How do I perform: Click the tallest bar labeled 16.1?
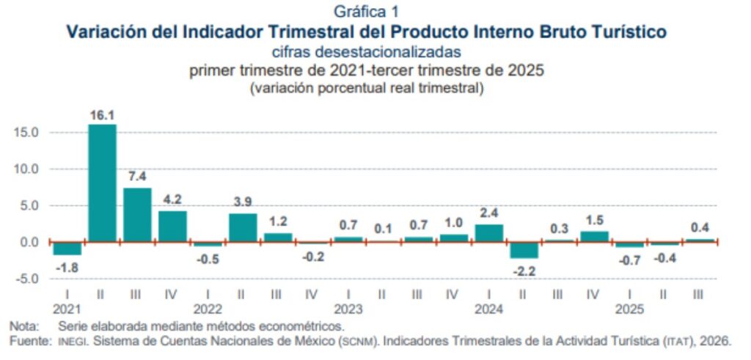(x=102, y=183)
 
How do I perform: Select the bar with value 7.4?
(x=137, y=214)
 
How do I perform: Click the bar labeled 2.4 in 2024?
(x=489, y=232)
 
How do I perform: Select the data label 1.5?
(x=595, y=220)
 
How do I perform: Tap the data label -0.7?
(x=630, y=259)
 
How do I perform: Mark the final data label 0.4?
(x=700, y=227)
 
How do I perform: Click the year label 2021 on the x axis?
(x=66, y=309)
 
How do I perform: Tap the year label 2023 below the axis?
(x=348, y=309)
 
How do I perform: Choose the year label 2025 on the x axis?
(x=629, y=309)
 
